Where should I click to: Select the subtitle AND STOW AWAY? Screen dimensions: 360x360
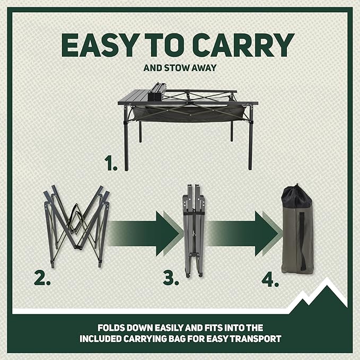[x=180, y=68]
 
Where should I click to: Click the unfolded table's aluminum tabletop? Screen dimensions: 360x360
[x=133, y=95]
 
